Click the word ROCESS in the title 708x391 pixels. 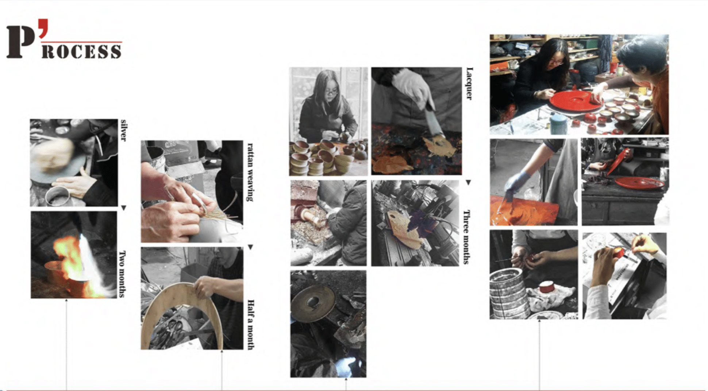81,51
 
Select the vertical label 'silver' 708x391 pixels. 123,130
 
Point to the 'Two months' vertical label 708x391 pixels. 123,274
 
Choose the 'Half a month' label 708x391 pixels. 251,325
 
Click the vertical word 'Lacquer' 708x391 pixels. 469,84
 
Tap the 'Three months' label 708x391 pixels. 466,237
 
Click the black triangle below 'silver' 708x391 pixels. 124,208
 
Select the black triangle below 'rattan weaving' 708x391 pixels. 250,247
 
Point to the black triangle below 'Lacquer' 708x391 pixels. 468,182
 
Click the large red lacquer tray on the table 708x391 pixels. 572,101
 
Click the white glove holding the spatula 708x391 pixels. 412,88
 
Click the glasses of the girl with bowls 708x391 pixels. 331,92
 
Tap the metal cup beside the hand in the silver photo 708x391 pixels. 58,195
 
